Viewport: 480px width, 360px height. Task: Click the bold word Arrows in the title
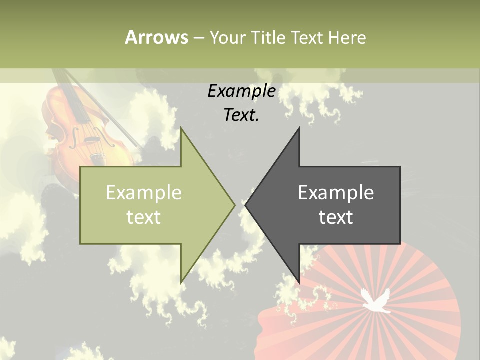click(x=156, y=37)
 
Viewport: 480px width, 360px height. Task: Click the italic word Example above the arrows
click(x=241, y=91)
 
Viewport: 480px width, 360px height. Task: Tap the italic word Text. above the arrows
click(x=241, y=115)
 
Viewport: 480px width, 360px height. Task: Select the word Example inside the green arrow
click(x=144, y=193)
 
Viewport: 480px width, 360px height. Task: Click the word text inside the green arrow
click(x=144, y=217)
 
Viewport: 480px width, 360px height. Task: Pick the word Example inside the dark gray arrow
click(x=336, y=193)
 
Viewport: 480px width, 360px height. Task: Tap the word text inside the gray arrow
click(x=336, y=217)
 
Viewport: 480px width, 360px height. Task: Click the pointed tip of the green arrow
click(x=235, y=204)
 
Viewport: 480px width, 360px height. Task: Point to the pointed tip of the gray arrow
click(x=245, y=204)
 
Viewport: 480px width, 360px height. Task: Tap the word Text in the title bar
click(x=307, y=37)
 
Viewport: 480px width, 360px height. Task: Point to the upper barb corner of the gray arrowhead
click(x=299, y=128)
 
